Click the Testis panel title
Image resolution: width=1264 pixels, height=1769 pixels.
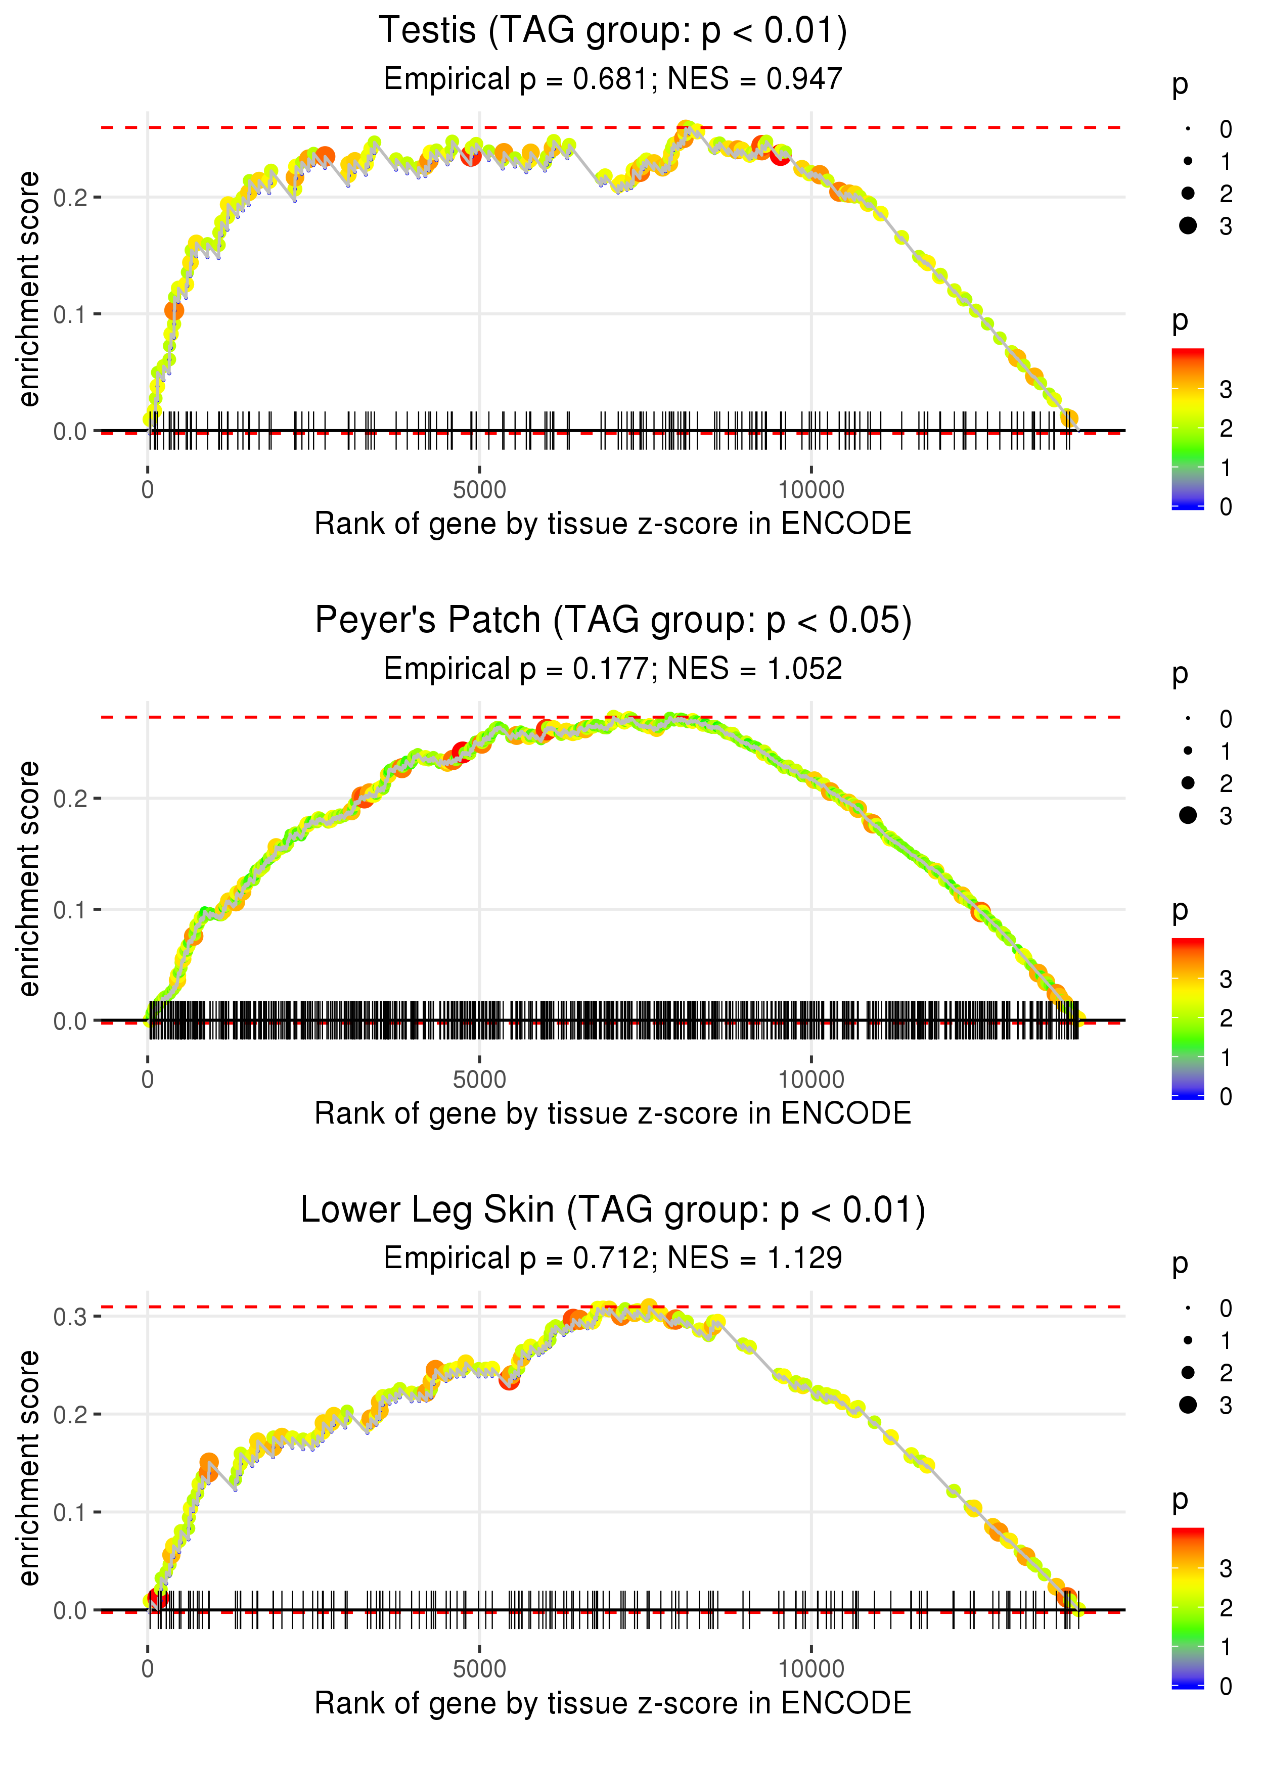pos(613,31)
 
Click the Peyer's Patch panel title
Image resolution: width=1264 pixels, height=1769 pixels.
pos(613,621)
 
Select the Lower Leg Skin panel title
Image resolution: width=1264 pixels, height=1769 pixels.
pos(613,1211)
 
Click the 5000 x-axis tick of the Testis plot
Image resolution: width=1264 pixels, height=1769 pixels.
pos(479,490)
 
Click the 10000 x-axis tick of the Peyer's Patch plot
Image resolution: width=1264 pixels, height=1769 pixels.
pos(811,1080)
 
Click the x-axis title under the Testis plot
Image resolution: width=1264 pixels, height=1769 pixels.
pos(613,524)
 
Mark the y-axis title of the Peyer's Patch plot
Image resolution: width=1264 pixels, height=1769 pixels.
pos(29,879)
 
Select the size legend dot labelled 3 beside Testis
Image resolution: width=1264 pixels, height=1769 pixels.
pos(1188,225)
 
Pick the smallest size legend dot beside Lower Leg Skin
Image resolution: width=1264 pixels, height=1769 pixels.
pos(1188,1309)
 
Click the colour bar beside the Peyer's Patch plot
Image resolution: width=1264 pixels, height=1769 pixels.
pos(1188,1018)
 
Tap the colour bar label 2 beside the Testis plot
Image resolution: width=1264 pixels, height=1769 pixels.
pos(1226,429)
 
